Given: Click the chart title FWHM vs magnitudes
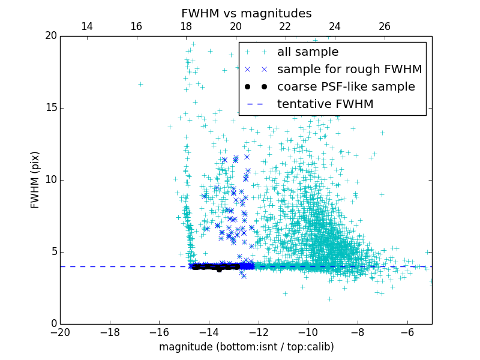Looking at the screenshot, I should coord(246,13).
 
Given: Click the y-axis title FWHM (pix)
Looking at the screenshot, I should coord(36,180).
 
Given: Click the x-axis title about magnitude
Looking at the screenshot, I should coord(246,347).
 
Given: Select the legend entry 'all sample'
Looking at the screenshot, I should coord(307,52).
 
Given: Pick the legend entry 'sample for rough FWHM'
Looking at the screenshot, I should coord(349,70).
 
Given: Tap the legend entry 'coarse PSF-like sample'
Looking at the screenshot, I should coord(346,87).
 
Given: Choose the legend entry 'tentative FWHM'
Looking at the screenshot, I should coord(325,104).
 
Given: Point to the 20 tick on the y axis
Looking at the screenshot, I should coord(50,36).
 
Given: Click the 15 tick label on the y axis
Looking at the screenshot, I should coord(50,108).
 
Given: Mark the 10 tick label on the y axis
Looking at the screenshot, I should coord(50,180).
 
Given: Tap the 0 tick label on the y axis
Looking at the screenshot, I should coord(53,324).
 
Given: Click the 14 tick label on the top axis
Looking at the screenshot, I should coord(86,26).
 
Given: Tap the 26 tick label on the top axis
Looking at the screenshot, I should coord(385,26).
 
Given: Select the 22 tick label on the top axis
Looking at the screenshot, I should coord(285,26).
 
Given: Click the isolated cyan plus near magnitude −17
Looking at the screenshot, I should coord(140,84).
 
